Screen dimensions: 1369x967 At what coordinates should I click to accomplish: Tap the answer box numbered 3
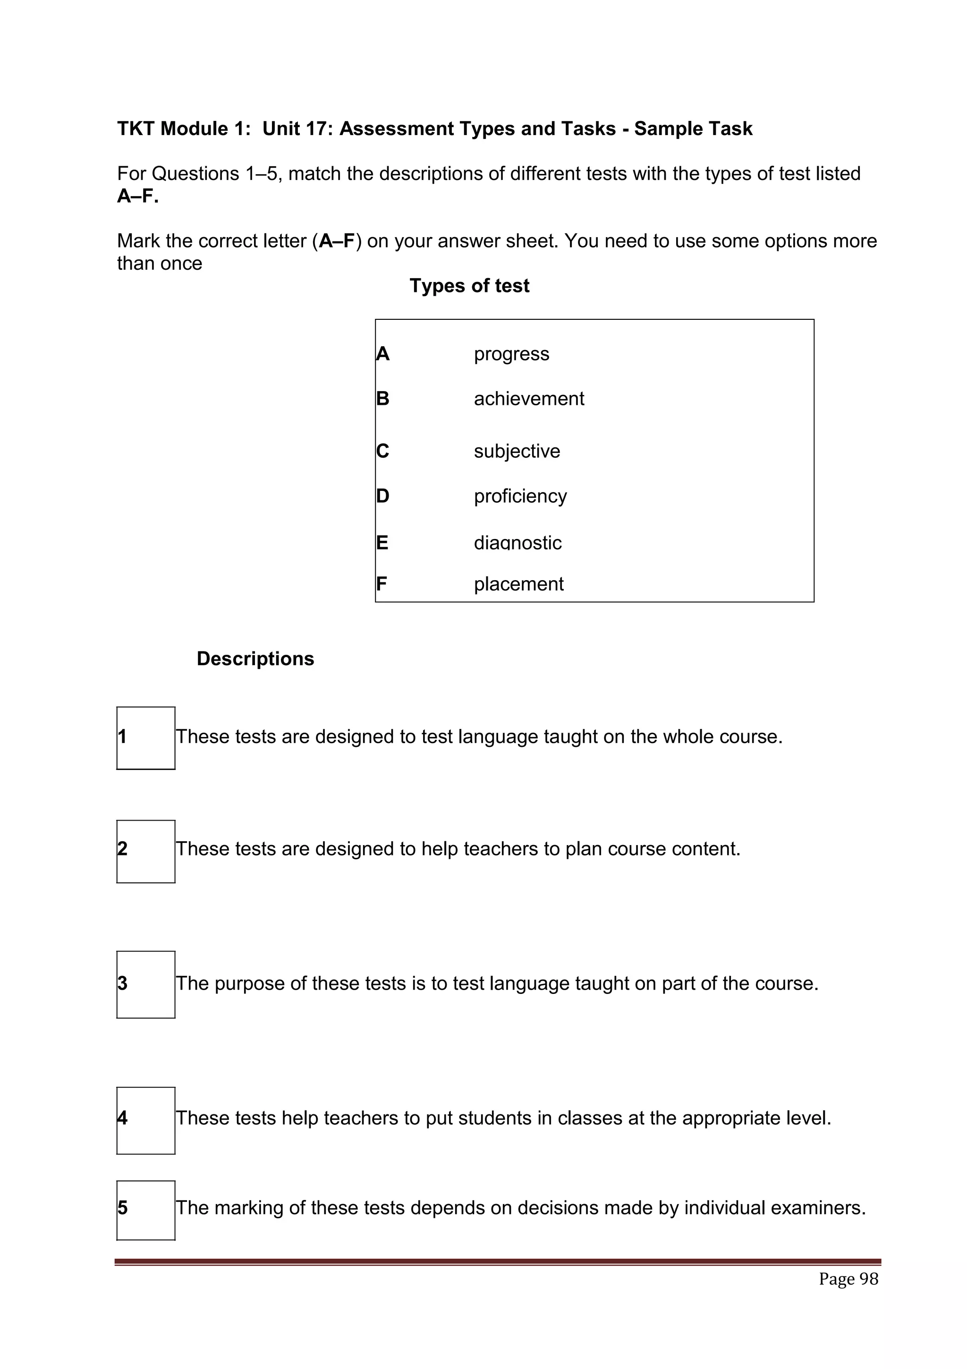click(145, 984)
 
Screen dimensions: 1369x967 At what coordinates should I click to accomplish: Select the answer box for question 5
click(145, 1210)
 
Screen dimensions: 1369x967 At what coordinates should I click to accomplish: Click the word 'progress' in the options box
click(511, 354)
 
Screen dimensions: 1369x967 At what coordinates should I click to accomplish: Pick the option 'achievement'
click(528, 398)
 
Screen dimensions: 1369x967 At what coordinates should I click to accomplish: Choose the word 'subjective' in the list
click(517, 451)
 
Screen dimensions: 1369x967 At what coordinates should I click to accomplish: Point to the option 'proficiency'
click(520, 496)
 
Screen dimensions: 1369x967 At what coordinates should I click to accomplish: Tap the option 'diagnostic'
click(517, 543)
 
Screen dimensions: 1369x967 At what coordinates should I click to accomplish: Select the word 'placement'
click(518, 584)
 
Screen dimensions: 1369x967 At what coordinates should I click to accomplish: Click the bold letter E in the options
click(382, 543)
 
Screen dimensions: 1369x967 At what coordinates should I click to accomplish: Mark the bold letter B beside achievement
click(382, 398)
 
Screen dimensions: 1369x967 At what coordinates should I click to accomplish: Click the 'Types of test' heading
click(469, 286)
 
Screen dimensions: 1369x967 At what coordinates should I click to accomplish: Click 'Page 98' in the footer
click(848, 1279)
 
